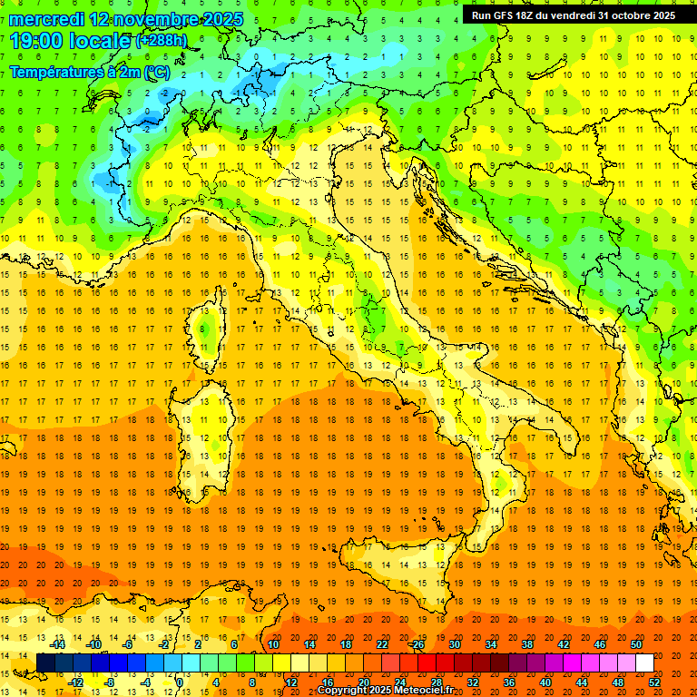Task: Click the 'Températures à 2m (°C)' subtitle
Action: (89, 71)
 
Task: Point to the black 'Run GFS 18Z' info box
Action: (573, 15)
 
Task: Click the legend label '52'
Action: (654, 682)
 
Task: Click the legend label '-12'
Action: (76, 682)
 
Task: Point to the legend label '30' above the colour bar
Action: (455, 644)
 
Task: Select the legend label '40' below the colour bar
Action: (545, 682)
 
